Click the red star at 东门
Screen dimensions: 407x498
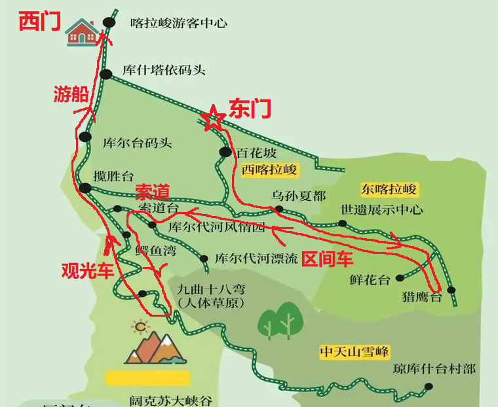pyautogui.click(x=212, y=118)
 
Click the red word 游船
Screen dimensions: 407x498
pyautogui.click(x=71, y=94)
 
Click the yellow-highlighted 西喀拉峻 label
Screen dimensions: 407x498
pyautogui.click(x=269, y=171)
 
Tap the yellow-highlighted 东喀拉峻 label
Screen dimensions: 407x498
pyautogui.click(x=389, y=190)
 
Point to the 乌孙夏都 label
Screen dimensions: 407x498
pyautogui.click(x=298, y=196)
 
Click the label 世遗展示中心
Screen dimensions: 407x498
pyautogui.click(x=381, y=210)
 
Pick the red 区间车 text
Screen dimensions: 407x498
pyautogui.click(x=327, y=259)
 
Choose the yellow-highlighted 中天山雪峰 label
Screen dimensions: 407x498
pyautogui.click(x=354, y=352)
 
